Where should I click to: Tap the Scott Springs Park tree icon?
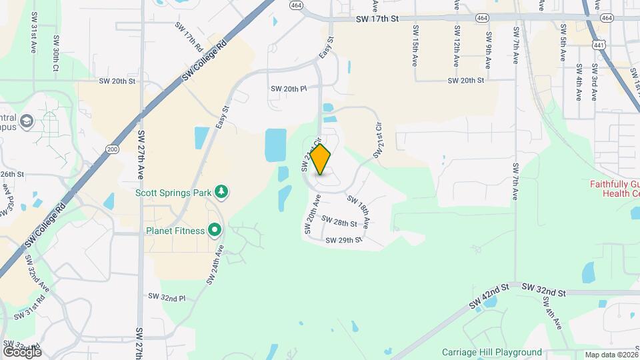click(x=221, y=193)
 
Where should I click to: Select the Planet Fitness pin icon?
click(x=215, y=231)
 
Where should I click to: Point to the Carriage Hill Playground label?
click(x=492, y=352)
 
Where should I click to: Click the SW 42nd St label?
click(x=489, y=297)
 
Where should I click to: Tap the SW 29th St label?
click(x=344, y=239)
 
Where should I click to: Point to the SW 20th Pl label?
click(x=288, y=89)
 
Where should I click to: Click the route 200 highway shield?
click(x=113, y=148)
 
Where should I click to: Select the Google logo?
click(x=22, y=351)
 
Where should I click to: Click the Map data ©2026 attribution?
click(x=611, y=355)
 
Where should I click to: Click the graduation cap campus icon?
click(x=27, y=121)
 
